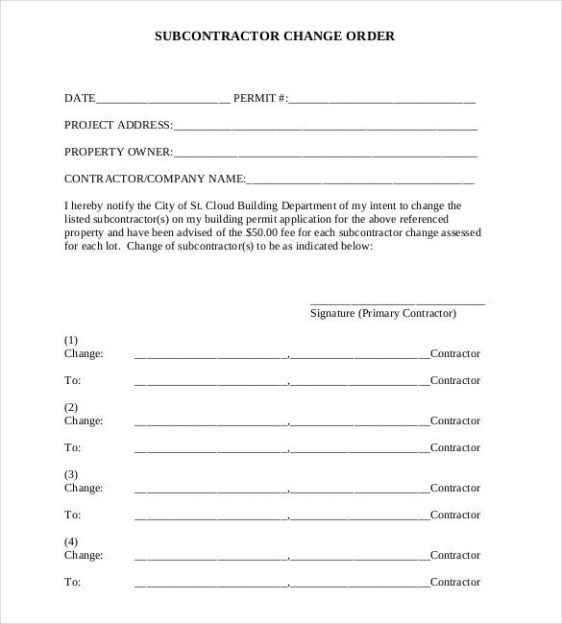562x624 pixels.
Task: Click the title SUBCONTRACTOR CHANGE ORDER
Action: (x=275, y=36)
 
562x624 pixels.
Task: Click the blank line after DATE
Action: (x=163, y=100)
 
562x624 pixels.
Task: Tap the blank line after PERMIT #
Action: (x=382, y=100)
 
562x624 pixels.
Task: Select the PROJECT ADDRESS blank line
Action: (x=326, y=127)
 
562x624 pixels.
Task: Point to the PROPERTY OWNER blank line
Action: (x=326, y=154)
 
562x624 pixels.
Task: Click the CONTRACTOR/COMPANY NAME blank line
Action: (x=360, y=180)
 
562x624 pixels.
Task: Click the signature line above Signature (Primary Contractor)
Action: (x=397, y=302)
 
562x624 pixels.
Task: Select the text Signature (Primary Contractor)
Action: (x=383, y=314)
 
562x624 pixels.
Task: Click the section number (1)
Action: (x=71, y=340)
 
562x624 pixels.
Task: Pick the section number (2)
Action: (x=71, y=407)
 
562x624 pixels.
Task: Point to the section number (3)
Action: (x=71, y=474)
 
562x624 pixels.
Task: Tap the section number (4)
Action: (x=71, y=541)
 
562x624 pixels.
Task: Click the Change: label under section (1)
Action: (x=83, y=353)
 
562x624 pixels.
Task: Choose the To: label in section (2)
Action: (x=72, y=447)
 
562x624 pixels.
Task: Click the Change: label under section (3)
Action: (x=83, y=488)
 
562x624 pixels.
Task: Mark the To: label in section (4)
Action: (x=72, y=582)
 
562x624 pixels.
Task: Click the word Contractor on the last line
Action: (x=454, y=582)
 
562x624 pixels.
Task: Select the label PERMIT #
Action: (x=260, y=98)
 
